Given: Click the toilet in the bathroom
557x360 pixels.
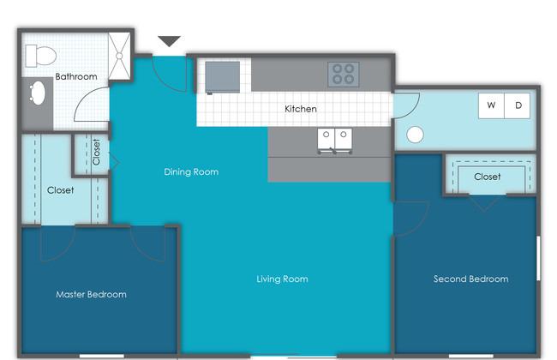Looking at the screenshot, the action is click(x=40, y=56).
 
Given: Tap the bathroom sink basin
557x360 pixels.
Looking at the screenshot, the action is click(x=38, y=93).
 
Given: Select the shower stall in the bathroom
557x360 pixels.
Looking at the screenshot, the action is click(x=119, y=56).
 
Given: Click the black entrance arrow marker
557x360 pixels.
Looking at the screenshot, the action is click(x=169, y=41).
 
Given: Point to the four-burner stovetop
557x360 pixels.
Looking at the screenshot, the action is click(x=343, y=75).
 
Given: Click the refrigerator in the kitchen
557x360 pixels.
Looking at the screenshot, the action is click(x=223, y=77).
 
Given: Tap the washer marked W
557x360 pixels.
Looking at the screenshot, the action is click(x=491, y=105).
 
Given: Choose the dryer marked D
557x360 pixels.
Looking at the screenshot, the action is click(x=518, y=105).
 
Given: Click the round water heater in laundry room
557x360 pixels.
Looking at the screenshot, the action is click(x=415, y=135).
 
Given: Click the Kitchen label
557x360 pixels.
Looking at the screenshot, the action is click(x=301, y=109).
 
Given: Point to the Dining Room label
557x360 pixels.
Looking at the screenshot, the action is click(x=191, y=172).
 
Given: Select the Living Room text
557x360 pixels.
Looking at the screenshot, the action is click(x=283, y=279).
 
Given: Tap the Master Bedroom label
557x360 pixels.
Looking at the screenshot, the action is click(x=92, y=294).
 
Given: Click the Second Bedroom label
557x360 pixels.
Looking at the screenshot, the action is click(x=470, y=279).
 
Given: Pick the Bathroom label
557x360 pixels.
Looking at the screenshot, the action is click(x=76, y=76).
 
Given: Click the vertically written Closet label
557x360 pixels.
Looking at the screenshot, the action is click(x=96, y=152).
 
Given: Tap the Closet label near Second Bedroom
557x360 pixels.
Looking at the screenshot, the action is click(x=488, y=177).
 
